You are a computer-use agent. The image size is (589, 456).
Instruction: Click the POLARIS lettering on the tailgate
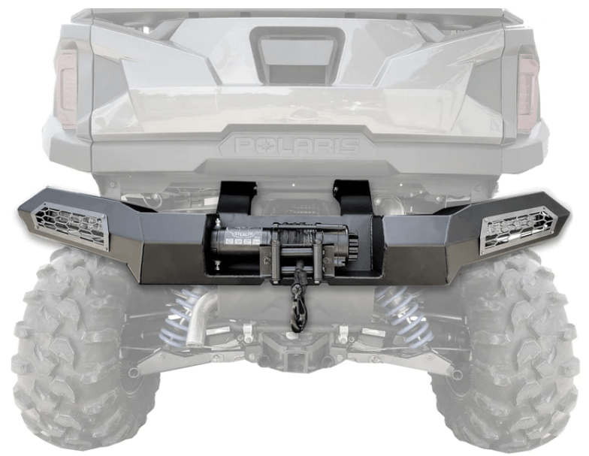pos(297,144)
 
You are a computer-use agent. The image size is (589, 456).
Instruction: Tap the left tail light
pos(67,89)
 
